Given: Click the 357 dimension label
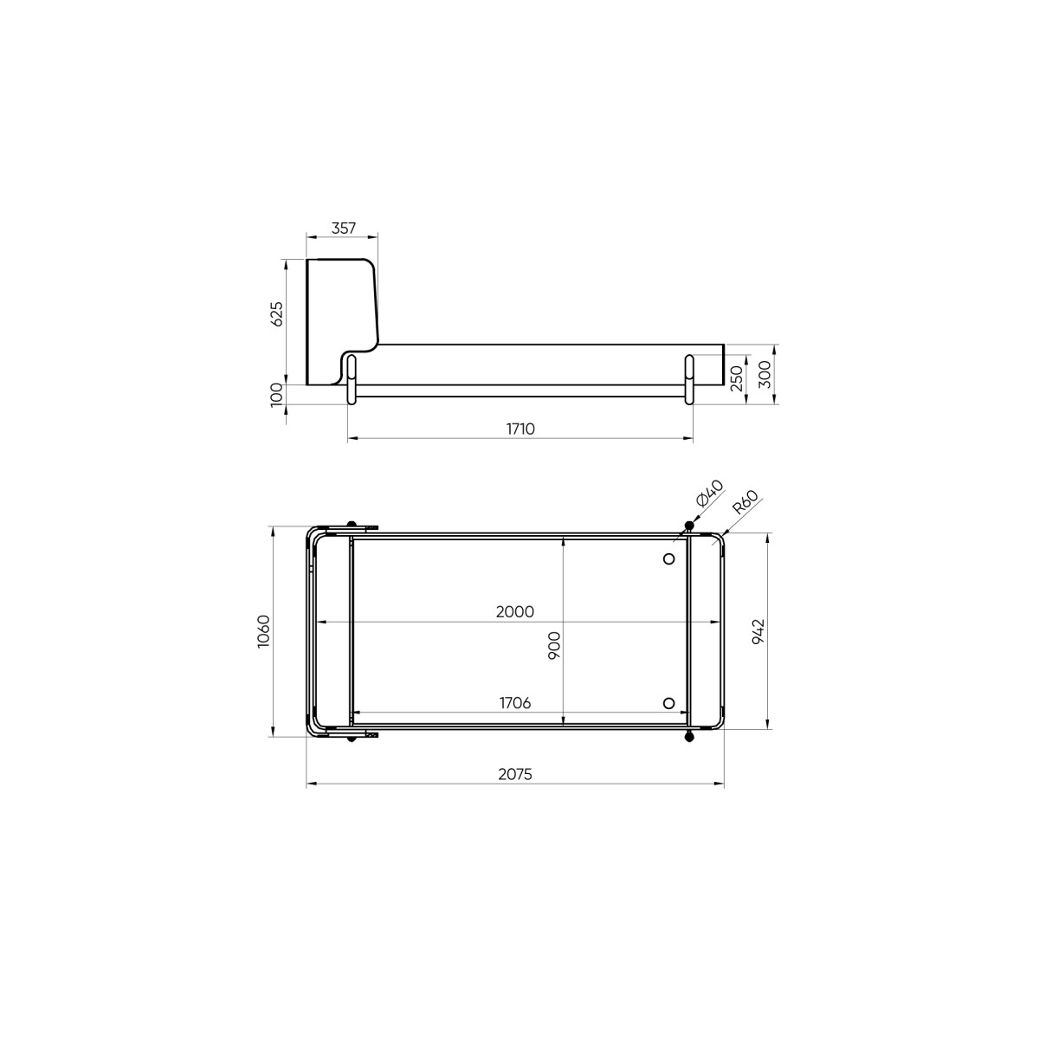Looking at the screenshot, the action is tap(344, 229).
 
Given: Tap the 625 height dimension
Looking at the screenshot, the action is tap(275, 313).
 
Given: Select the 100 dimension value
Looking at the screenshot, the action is tap(275, 395).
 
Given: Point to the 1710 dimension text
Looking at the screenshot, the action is tap(520, 429).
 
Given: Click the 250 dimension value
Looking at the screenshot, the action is tap(737, 378).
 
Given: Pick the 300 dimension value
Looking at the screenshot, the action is tap(765, 374).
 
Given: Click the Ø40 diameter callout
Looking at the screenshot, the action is tap(710, 493).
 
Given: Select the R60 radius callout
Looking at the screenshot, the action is tap(745, 502).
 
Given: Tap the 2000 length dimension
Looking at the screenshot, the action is tap(515, 612).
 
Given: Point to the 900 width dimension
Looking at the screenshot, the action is tap(554, 645).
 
